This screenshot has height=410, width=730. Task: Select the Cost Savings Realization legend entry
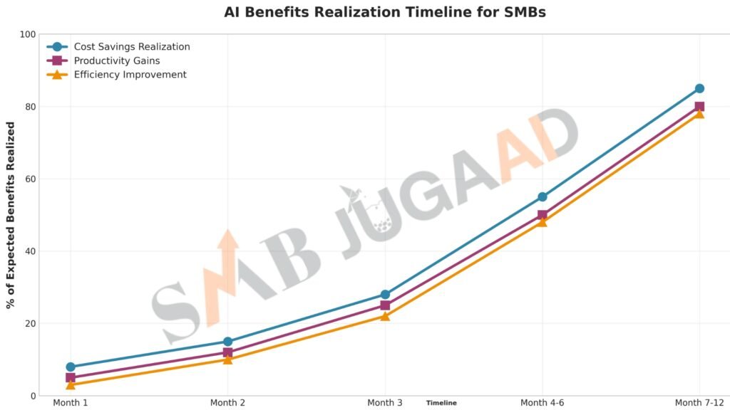coord(132,47)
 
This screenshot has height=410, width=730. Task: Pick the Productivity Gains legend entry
coord(117,61)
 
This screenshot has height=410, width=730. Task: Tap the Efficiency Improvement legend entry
coord(130,75)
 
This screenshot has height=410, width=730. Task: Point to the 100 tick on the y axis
coord(28,34)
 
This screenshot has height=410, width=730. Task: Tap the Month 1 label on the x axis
coord(71,403)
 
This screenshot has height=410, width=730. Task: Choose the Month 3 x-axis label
coord(385,403)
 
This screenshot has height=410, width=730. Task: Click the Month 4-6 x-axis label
coord(543,403)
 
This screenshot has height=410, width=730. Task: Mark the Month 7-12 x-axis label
coord(699,403)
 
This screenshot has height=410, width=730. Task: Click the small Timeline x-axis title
coord(441,403)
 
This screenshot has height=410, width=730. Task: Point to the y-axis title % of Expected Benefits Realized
coord(11,215)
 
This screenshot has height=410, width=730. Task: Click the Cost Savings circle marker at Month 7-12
coord(699,88)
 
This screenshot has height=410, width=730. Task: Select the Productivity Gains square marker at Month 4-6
coord(543,215)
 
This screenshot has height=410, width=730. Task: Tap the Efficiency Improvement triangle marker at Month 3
coord(385,316)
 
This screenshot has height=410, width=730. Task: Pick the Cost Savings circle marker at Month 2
coord(227,342)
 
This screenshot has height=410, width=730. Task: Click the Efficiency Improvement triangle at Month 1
coord(71,384)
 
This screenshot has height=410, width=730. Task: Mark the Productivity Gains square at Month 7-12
coord(699,107)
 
